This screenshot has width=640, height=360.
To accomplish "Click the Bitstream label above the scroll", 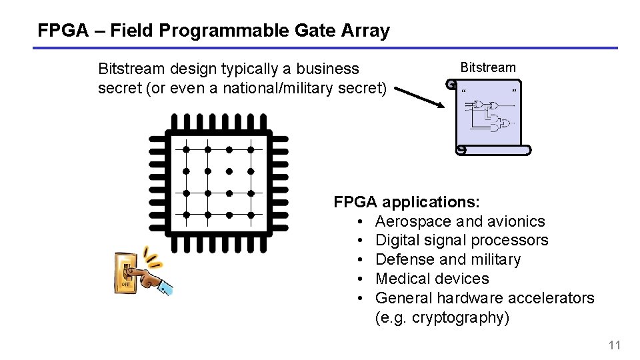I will tap(488, 67).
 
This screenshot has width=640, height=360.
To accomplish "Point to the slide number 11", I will tap(614, 345).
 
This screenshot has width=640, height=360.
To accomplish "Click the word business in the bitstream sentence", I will tap(327, 69).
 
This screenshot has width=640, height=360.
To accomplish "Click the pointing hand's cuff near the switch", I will tap(165, 289).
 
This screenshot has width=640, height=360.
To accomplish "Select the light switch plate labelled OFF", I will tap(125, 273).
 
